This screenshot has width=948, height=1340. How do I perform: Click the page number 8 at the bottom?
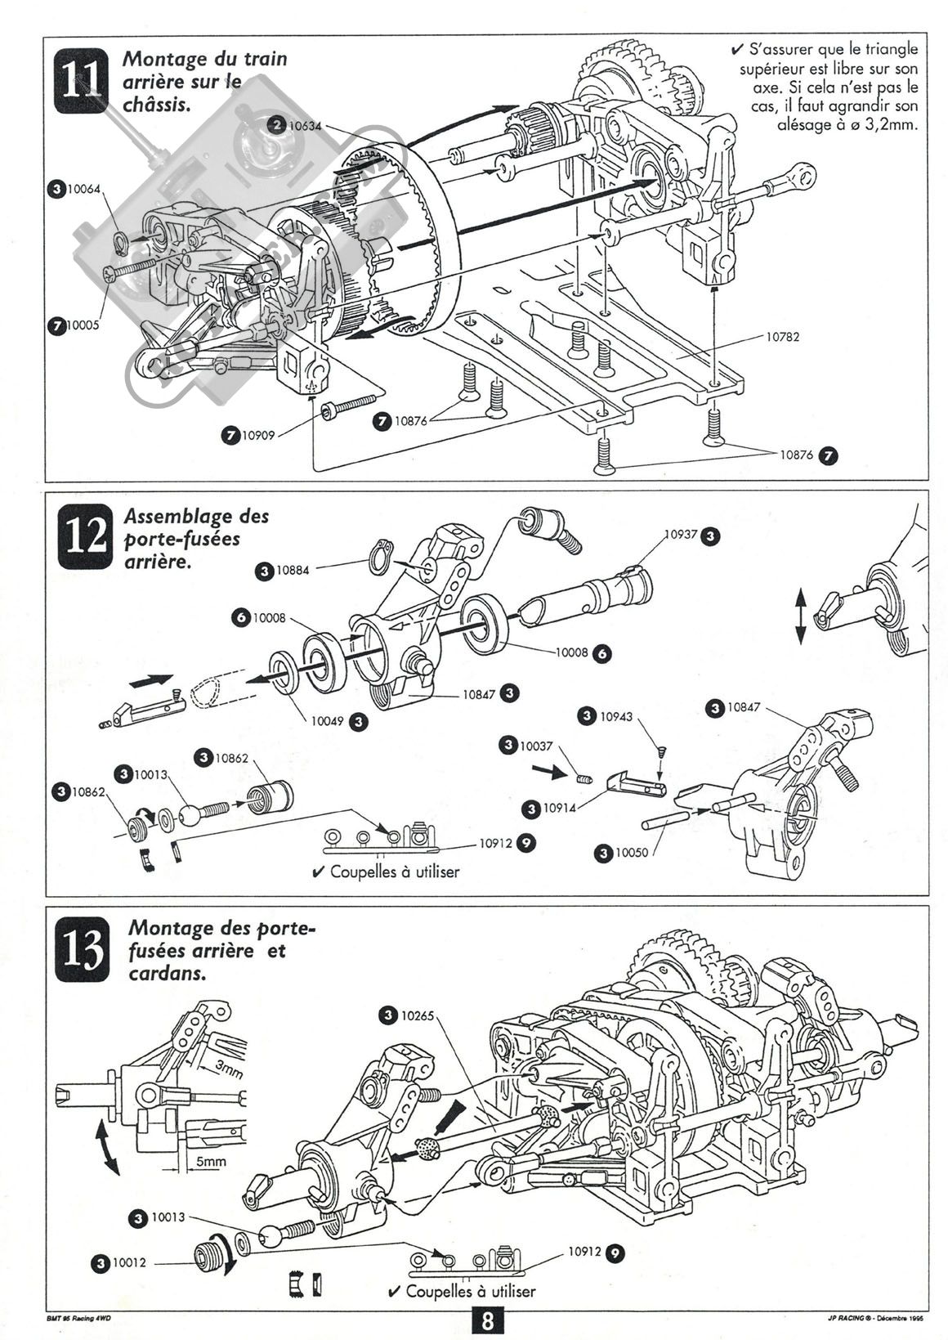(x=486, y=1321)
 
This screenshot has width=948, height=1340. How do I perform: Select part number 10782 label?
(x=782, y=336)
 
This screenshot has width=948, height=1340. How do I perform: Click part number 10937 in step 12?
(x=681, y=535)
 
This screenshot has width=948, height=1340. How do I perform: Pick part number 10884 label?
(x=293, y=571)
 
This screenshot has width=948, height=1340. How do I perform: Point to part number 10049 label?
(x=328, y=721)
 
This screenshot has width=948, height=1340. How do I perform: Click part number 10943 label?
(x=616, y=716)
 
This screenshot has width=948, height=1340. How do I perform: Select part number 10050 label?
(x=632, y=853)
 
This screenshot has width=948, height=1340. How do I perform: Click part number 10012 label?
(x=129, y=1263)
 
